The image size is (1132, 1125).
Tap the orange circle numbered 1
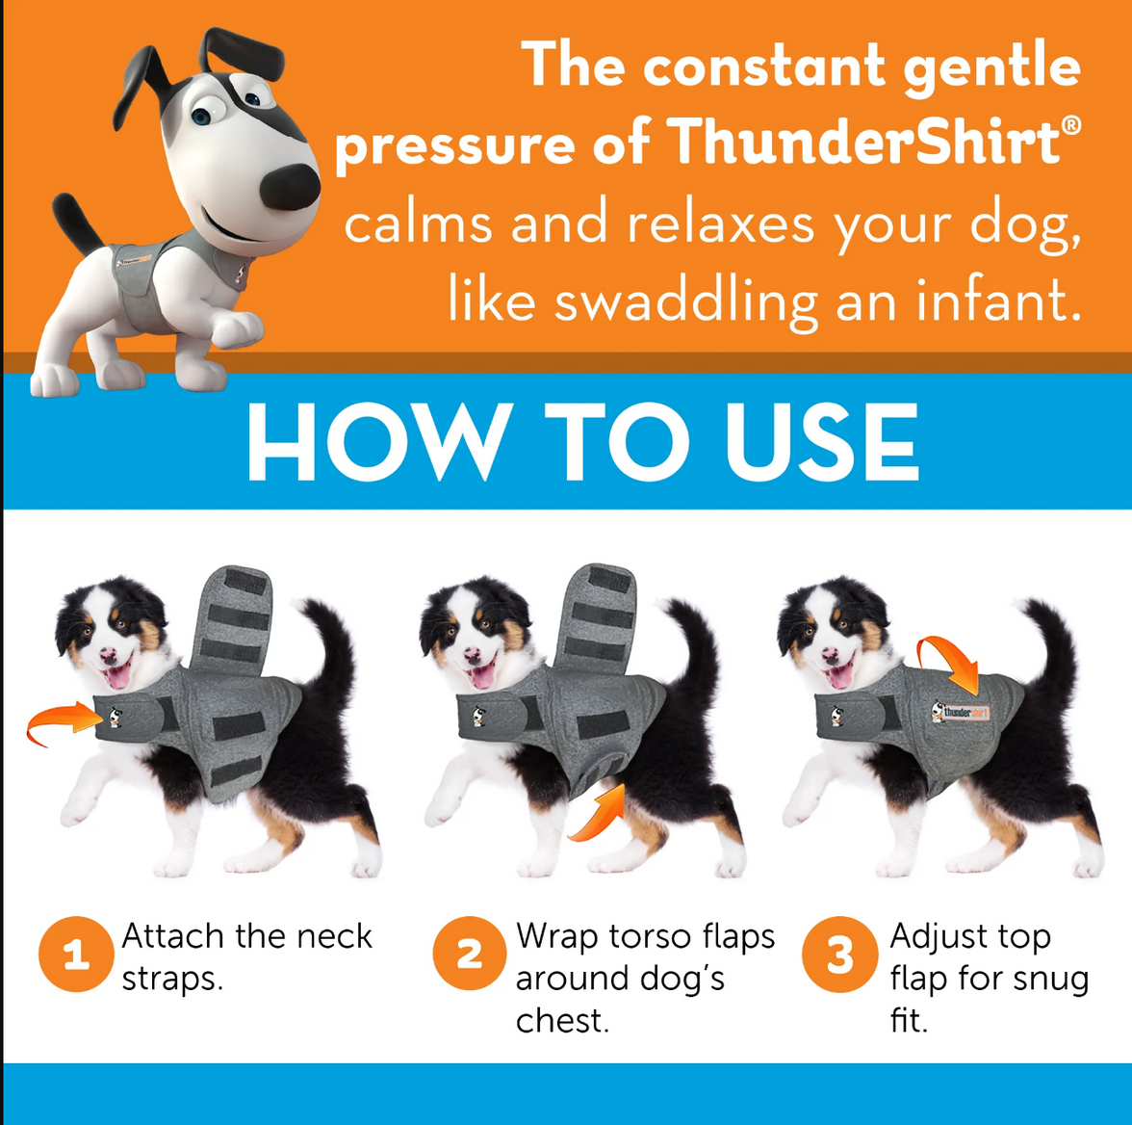coord(76,955)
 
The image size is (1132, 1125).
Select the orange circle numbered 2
coord(469,955)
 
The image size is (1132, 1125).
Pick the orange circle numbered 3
coord(839,955)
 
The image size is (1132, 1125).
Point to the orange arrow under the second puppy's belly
coord(598,815)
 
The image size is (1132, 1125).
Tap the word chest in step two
coord(561,1020)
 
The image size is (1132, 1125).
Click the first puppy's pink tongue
coord(117,676)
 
